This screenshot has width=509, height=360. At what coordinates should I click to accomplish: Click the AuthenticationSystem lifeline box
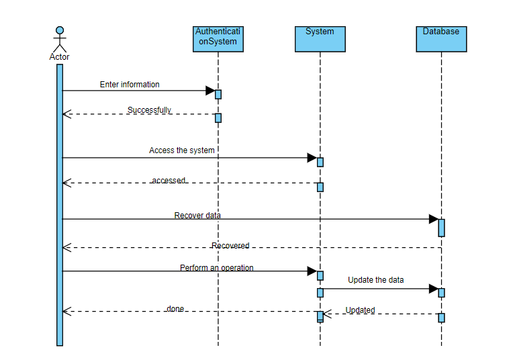[x=216, y=39]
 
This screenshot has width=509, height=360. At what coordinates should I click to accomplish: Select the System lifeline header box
[x=320, y=39]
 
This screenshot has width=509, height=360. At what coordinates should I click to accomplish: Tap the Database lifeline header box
[x=441, y=39]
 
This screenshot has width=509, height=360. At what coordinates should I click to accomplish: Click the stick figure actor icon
[x=60, y=38]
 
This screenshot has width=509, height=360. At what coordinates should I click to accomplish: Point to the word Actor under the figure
[x=59, y=57]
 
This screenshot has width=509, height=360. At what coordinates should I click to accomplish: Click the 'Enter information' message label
[x=130, y=85]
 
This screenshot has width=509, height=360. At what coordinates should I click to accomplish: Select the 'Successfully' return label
[x=149, y=110]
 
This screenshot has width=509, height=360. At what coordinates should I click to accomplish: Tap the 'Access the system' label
[x=181, y=150]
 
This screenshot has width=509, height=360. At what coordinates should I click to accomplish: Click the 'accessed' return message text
[x=168, y=181]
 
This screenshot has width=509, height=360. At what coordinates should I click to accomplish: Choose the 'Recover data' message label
[x=197, y=216]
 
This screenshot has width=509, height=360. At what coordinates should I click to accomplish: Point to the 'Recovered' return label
[x=230, y=246]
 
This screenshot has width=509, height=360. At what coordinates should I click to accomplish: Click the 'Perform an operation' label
[x=216, y=268]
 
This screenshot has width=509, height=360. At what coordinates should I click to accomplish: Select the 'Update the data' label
[x=375, y=279]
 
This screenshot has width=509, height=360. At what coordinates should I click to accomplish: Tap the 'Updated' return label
[x=360, y=310]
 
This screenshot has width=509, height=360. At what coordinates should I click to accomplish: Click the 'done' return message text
[x=175, y=309]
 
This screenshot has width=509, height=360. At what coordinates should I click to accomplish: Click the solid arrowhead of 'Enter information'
[x=210, y=91]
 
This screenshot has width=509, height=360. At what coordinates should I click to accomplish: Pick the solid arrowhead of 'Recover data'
[x=433, y=219]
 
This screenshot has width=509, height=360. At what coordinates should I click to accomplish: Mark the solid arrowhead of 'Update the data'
[x=433, y=289]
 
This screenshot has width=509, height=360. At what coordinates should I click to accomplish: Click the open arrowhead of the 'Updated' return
[x=328, y=314]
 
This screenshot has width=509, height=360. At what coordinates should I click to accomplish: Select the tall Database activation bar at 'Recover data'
[x=441, y=227]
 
